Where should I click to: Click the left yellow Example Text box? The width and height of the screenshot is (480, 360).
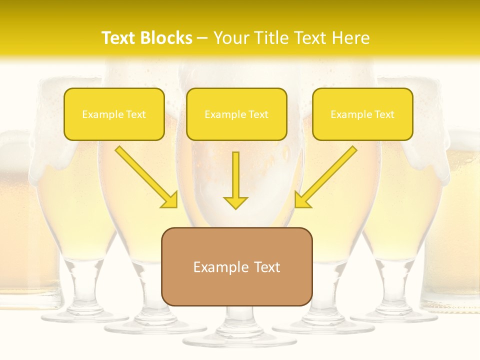114,114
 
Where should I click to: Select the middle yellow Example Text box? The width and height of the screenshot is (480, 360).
236,114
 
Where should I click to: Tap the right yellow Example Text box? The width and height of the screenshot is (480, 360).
362,114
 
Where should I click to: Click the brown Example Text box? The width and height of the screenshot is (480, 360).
236,266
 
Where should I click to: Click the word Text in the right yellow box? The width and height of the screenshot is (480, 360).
384,114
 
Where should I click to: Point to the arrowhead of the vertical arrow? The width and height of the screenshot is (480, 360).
235,202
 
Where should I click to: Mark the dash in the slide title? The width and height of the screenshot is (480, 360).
202,37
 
